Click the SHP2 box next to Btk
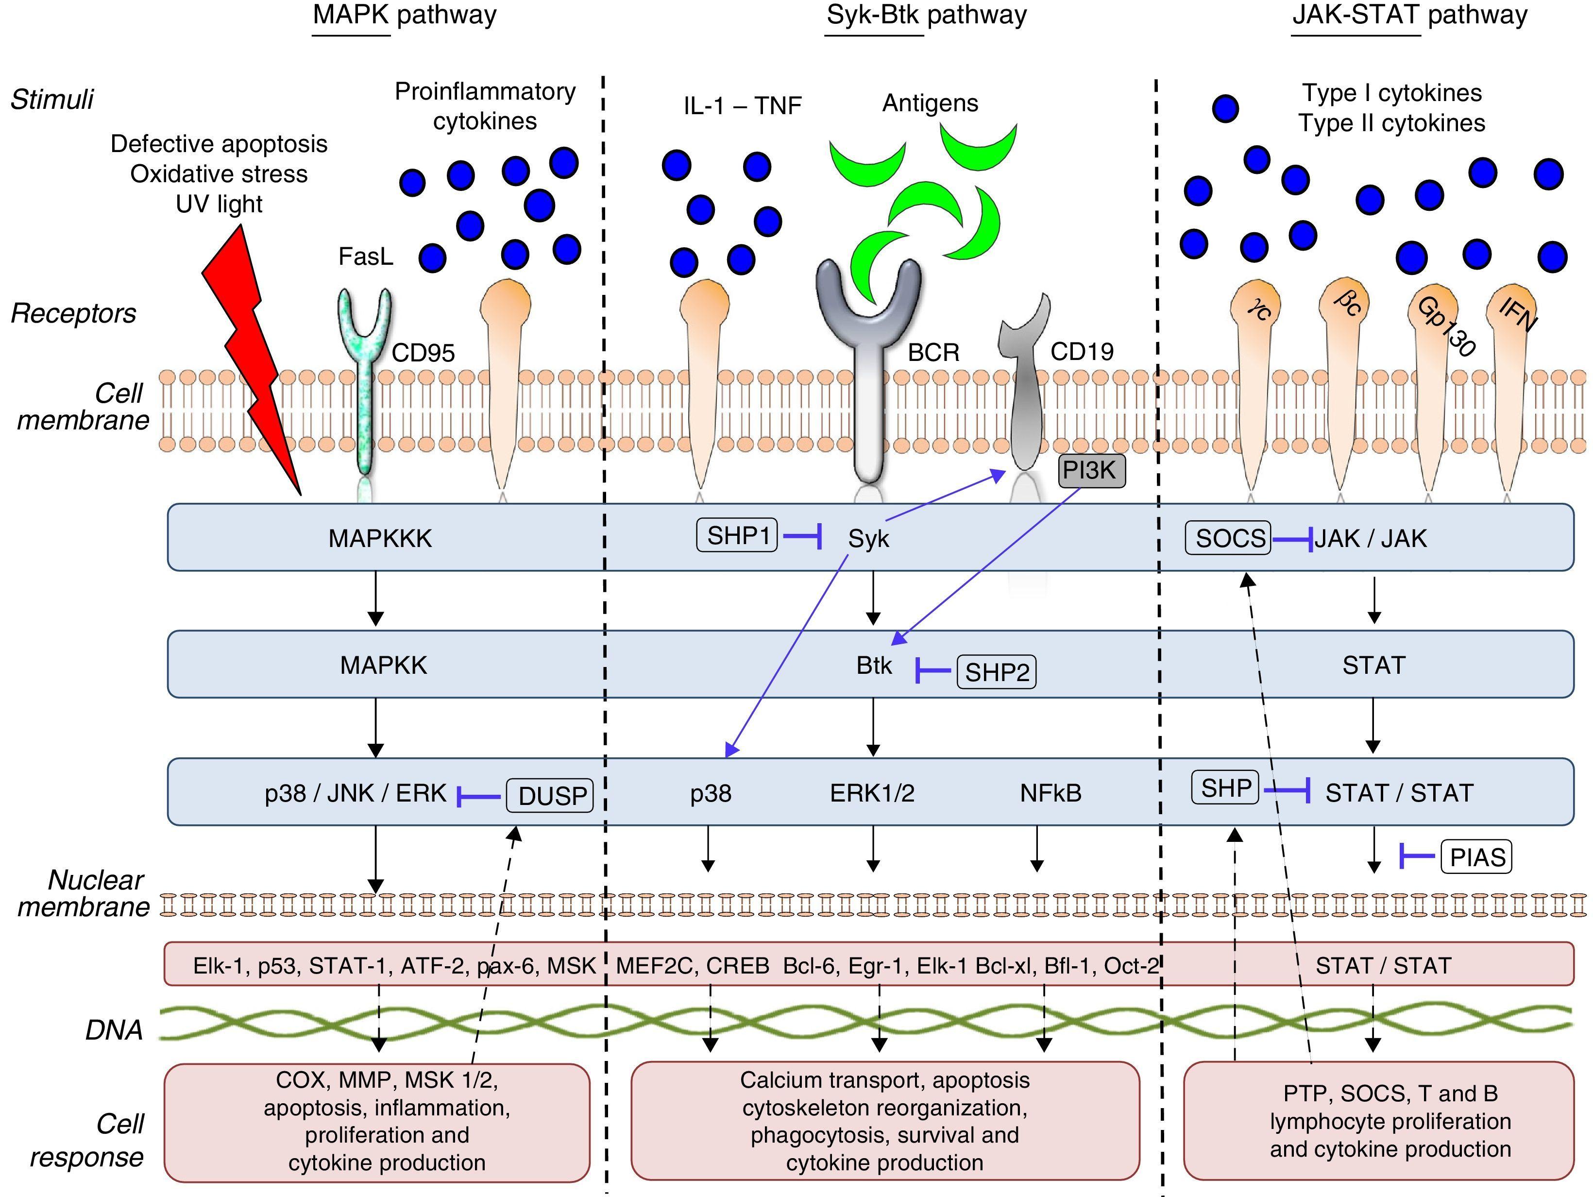pyautogui.click(x=996, y=672)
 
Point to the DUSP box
pyautogui.click(x=550, y=795)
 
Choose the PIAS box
pyautogui.click(x=1475, y=857)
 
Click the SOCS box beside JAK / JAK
pyautogui.click(x=1229, y=538)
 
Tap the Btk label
pyautogui.click(x=874, y=666)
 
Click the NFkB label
pyautogui.click(x=1050, y=793)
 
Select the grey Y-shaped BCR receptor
pyautogui.click(x=868, y=360)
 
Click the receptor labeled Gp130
pyautogui.click(x=1432, y=375)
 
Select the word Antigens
pyautogui.click(x=930, y=103)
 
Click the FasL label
pyautogui.click(x=366, y=256)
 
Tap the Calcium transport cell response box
pyautogui.click(x=884, y=1121)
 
